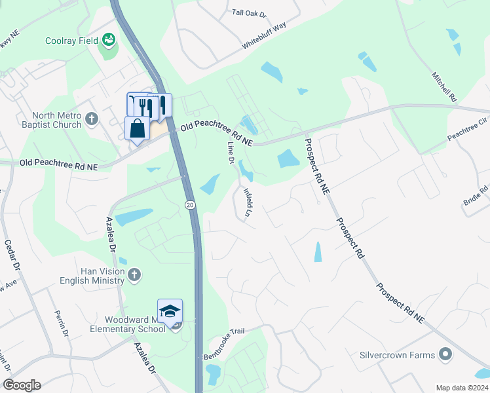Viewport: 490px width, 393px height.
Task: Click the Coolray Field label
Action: click(x=71, y=41)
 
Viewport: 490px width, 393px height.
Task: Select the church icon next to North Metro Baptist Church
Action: click(x=92, y=119)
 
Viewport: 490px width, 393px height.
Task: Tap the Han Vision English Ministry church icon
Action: click(x=134, y=274)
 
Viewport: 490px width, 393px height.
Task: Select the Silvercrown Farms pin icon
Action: click(x=446, y=355)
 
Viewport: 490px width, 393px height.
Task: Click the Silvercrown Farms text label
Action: click(x=397, y=355)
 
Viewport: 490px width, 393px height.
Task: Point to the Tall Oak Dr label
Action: click(x=250, y=13)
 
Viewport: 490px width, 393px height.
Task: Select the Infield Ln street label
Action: click(x=248, y=202)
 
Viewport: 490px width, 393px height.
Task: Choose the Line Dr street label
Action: click(x=230, y=152)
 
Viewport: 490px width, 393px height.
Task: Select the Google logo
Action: click(x=22, y=385)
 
